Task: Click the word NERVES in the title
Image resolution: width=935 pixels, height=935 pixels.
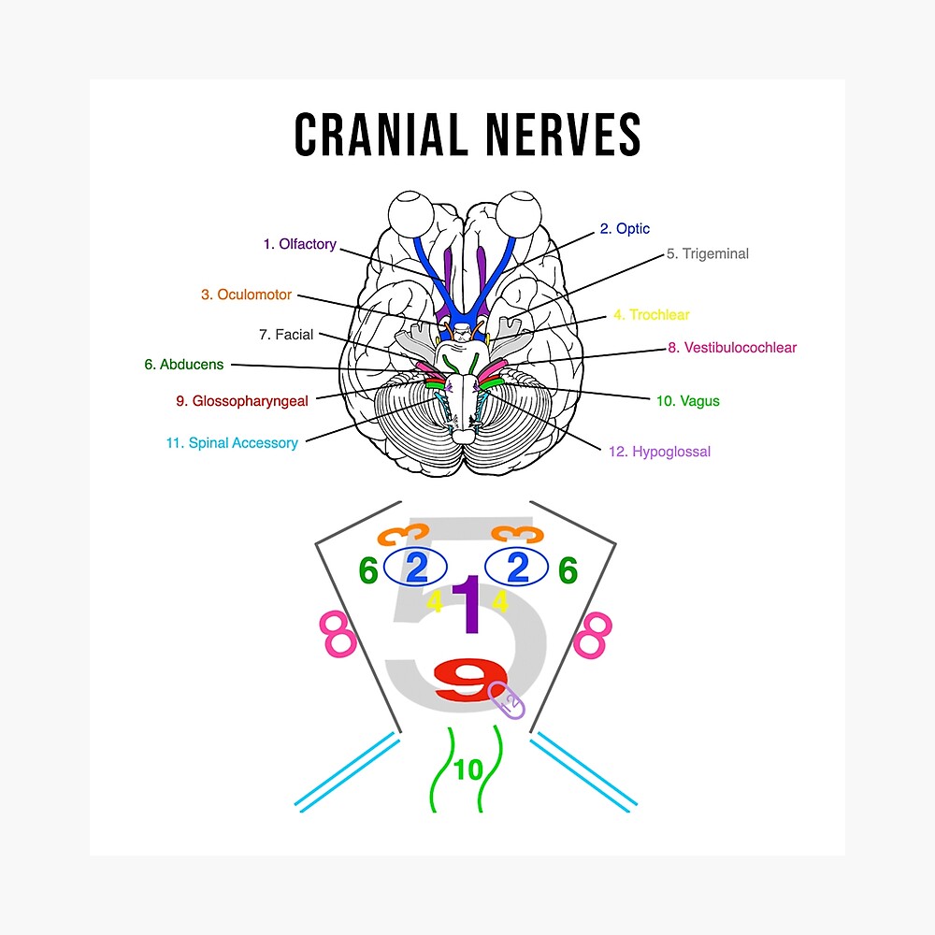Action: pyautogui.click(x=556, y=136)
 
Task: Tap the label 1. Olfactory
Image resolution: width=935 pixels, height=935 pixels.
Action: pyautogui.click(x=299, y=244)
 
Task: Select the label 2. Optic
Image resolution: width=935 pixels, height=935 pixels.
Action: pyautogui.click(x=625, y=229)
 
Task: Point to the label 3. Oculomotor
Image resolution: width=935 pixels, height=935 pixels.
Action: pyautogui.click(x=246, y=295)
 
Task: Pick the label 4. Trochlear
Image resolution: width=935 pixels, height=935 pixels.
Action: pyautogui.click(x=651, y=315)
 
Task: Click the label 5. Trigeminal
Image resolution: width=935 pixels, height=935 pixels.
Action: pyautogui.click(x=707, y=253)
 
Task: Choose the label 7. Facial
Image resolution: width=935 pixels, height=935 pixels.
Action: pyautogui.click(x=287, y=335)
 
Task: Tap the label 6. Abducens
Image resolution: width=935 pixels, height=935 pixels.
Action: pyautogui.click(x=184, y=365)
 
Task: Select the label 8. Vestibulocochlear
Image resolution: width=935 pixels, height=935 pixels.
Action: pyautogui.click(x=732, y=348)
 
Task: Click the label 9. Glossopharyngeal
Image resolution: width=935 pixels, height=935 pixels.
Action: pyautogui.click(x=242, y=401)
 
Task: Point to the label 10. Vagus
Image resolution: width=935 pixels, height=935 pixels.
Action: pyautogui.click(x=687, y=401)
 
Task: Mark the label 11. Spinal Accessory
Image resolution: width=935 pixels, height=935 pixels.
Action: pyautogui.click(x=232, y=443)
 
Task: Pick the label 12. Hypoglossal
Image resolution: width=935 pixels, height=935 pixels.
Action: pyautogui.click(x=659, y=452)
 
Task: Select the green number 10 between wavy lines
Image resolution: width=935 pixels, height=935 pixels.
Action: pyautogui.click(x=468, y=770)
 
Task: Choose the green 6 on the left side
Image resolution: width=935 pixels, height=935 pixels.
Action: pyautogui.click(x=368, y=570)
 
